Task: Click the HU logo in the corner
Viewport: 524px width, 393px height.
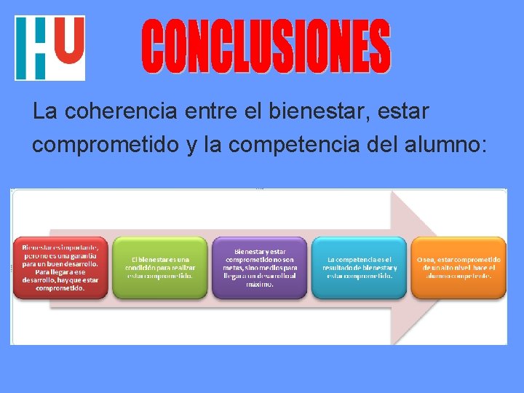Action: coord(49,48)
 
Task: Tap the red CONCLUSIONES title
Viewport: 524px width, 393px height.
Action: coord(266,47)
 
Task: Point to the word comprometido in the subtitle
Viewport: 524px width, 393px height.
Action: coord(105,144)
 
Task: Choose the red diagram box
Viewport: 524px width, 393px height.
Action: coord(60,267)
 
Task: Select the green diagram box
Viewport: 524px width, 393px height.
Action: coord(159,267)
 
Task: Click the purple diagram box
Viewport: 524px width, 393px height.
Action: coord(259,267)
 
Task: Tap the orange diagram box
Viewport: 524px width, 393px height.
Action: coord(458,267)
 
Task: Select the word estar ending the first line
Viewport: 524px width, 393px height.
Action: coord(405,113)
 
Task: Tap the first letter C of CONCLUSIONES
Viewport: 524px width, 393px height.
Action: coord(156,47)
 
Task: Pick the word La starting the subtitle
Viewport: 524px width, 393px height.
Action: coord(45,113)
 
